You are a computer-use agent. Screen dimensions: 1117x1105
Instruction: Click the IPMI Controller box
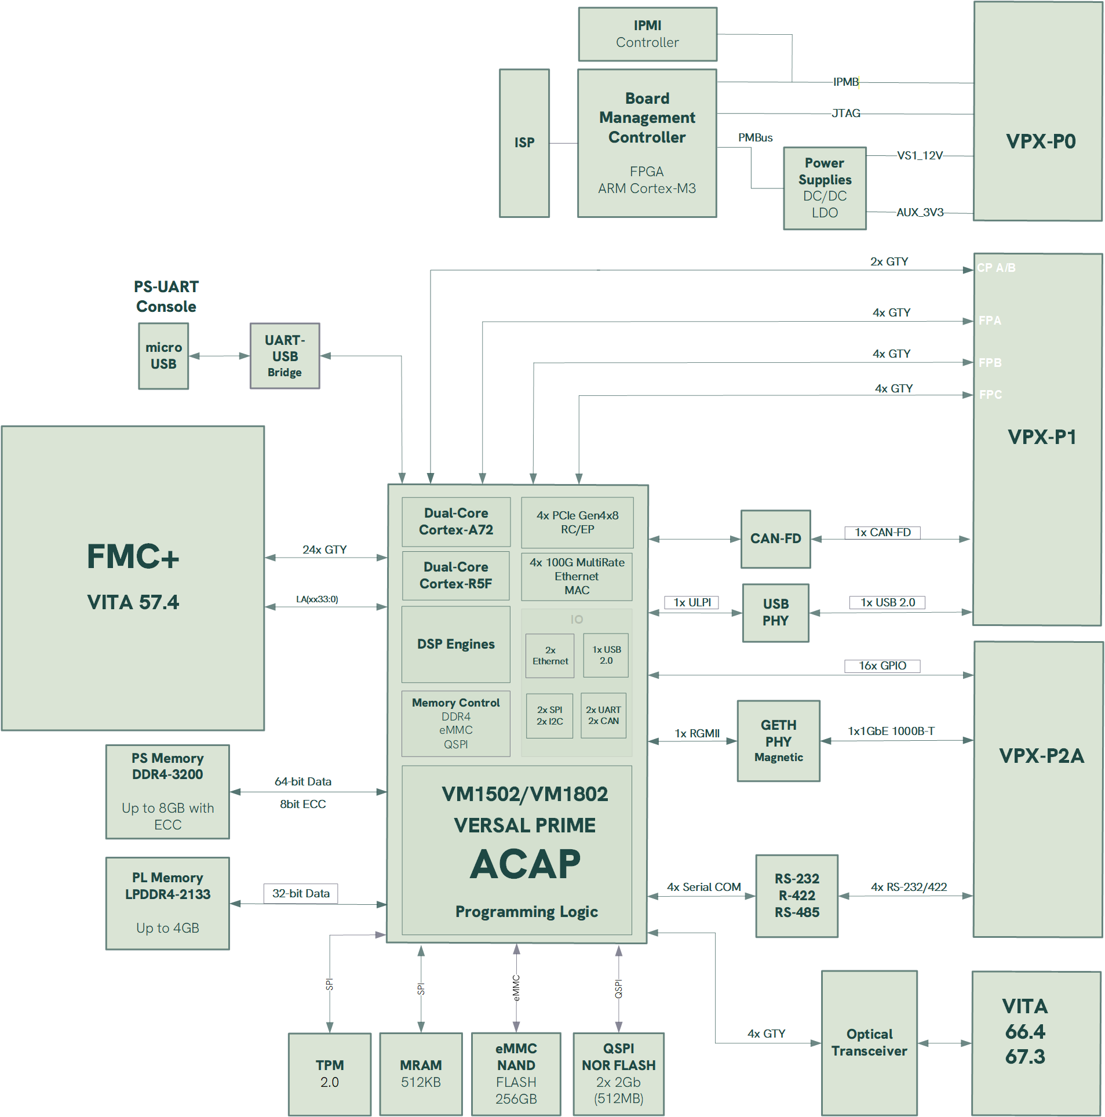click(647, 34)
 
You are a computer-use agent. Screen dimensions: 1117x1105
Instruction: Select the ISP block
click(524, 143)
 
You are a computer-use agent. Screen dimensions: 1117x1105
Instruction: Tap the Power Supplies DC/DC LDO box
click(824, 188)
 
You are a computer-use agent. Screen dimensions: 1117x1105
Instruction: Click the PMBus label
click(755, 137)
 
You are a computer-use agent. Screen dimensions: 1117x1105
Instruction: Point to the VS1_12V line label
click(920, 155)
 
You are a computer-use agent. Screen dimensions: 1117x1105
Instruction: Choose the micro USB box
click(163, 356)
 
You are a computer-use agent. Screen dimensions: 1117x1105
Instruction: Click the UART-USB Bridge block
click(285, 356)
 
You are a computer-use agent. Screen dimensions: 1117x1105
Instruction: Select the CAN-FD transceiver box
click(775, 539)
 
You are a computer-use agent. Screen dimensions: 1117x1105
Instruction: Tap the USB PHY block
click(775, 613)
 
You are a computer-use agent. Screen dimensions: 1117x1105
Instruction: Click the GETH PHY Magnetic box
click(778, 741)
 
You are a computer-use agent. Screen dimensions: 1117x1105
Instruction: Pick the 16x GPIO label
click(882, 665)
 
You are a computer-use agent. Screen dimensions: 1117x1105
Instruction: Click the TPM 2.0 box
click(329, 1074)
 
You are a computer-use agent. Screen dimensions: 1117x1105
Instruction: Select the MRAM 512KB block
click(421, 1074)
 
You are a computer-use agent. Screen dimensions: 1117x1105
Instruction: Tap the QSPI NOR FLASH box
click(618, 1074)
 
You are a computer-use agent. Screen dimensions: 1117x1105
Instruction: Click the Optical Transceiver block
click(869, 1043)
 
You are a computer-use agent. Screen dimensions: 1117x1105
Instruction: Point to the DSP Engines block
click(455, 644)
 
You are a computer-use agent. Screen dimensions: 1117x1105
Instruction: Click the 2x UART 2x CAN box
click(603, 715)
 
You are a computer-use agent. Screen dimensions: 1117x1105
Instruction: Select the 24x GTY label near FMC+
click(324, 550)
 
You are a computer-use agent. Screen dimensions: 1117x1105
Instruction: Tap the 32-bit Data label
click(301, 893)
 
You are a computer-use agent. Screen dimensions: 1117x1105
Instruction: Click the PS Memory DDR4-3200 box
click(167, 791)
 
